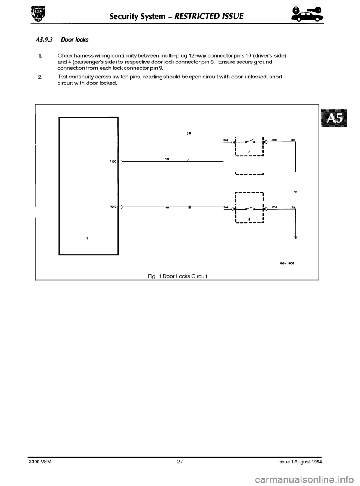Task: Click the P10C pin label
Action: point(112,162)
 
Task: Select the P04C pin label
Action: point(112,206)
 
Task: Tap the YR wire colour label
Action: point(167,159)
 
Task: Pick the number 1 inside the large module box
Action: point(87,238)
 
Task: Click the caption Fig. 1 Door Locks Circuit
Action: point(177,276)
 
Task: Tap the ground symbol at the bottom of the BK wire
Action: point(295,237)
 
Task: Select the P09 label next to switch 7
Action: point(274,139)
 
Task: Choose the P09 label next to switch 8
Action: point(274,207)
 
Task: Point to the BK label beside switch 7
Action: point(293,139)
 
